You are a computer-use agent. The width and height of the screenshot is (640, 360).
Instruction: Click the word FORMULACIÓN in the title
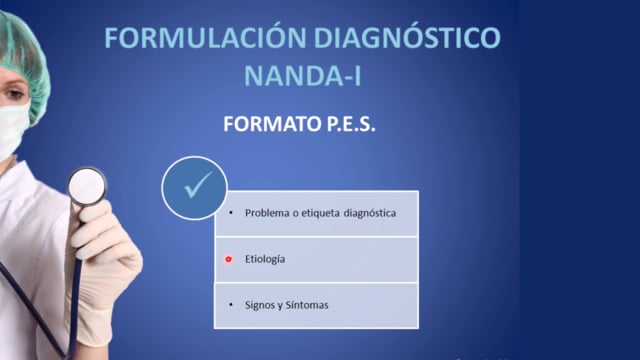pyautogui.click(x=205, y=37)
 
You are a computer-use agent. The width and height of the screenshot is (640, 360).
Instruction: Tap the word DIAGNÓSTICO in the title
pyautogui.click(x=407, y=37)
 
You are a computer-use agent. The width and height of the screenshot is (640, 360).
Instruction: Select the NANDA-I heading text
pyautogui.click(x=302, y=75)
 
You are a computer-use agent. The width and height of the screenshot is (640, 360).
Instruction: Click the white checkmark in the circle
pyautogui.click(x=198, y=185)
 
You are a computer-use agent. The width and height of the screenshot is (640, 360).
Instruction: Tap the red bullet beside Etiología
pyautogui.click(x=229, y=259)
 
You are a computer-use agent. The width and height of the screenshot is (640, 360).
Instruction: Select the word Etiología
pyautogui.click(x=265, y=259)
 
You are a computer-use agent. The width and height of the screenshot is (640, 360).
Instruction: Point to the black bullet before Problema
pyautogui.click(x=231, y=213)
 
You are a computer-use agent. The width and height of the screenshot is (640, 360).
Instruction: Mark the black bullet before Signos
pyautogui.click(x=231, y=305)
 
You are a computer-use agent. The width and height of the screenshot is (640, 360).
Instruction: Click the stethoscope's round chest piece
pyautogui.click(x=87, y=187)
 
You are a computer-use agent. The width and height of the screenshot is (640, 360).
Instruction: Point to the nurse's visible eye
pyautogui.click(x=14, y=94)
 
